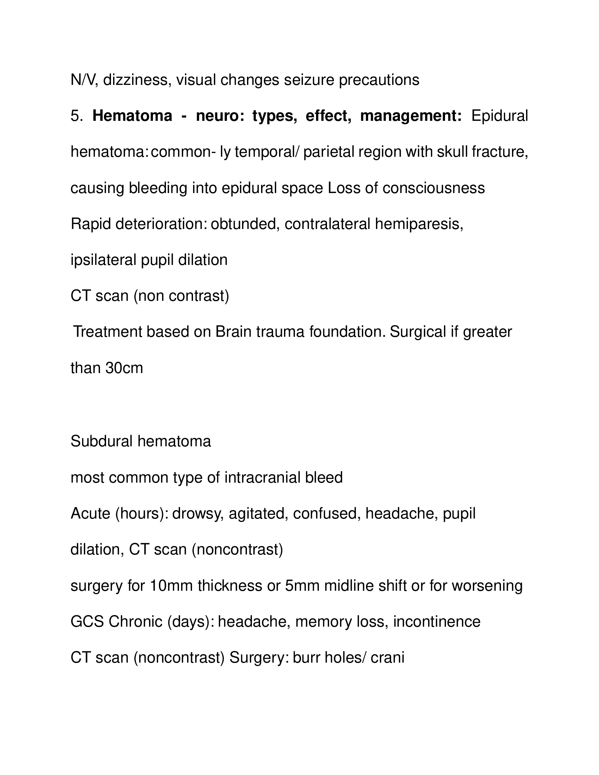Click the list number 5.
coord(76,116)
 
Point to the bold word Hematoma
coord(132,116)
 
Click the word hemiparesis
coord(419,224)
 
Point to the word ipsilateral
coord(103,260)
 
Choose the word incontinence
coord(437,622)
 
